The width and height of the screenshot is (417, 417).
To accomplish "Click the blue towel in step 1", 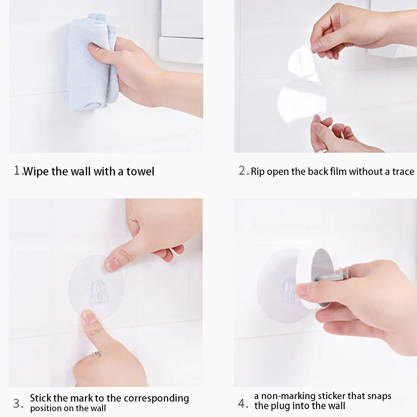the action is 92,61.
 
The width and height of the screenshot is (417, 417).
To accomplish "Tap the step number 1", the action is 17,170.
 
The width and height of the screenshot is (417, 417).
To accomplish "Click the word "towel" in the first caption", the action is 140,172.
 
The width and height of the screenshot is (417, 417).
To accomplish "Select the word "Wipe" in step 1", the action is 36,172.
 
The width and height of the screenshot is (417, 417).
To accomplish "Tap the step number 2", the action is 242,170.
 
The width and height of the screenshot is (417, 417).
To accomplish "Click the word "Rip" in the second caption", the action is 258,172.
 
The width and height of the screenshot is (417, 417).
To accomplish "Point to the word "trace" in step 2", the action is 403,172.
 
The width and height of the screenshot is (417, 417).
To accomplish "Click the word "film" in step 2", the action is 339,172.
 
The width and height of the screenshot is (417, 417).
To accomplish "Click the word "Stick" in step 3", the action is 40,398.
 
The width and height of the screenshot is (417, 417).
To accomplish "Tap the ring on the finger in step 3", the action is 97,354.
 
